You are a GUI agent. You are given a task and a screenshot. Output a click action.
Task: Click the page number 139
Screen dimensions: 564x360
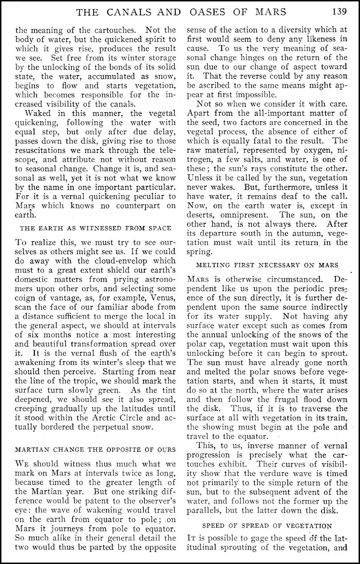[x=339, y=12]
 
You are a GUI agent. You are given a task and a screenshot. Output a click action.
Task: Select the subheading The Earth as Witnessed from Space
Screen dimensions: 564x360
[x=95, y=228]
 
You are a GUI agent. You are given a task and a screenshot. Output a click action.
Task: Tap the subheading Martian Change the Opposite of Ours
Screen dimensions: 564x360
[x=95, y=449]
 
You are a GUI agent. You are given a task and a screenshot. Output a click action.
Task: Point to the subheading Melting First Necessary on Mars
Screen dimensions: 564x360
[x=262, y=265]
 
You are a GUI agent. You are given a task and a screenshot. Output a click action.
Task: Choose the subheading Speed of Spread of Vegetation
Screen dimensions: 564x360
[x=267, y=526]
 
